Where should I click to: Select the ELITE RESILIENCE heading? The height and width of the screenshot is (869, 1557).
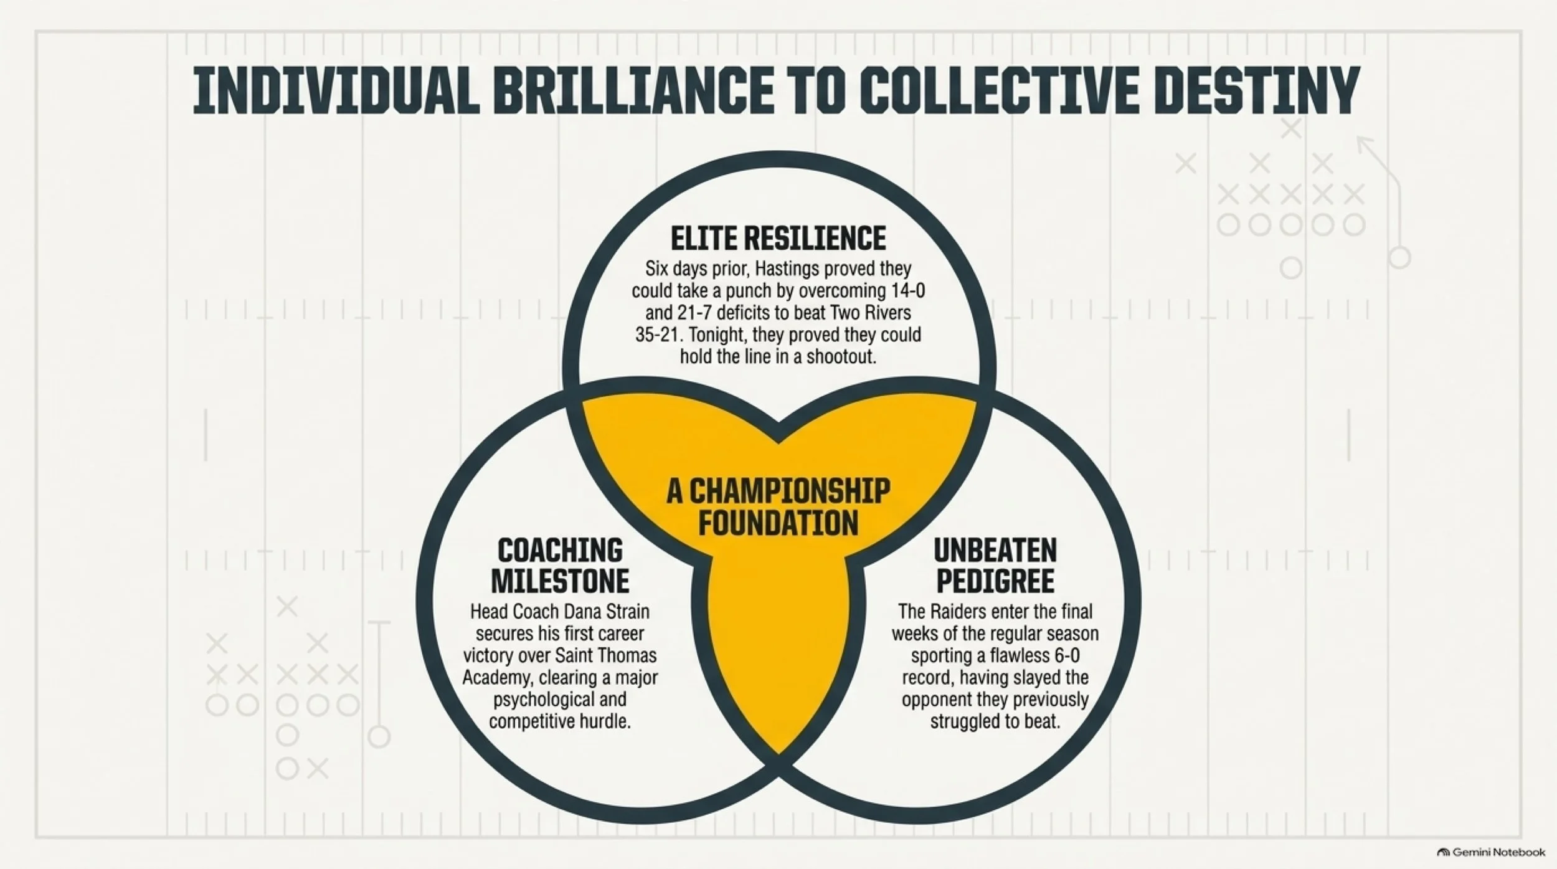click(x=778, y=239)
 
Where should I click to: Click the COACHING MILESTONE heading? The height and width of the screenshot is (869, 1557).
click(x=560, y=566)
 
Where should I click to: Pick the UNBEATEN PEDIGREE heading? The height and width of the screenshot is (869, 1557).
click(x=995, y=566)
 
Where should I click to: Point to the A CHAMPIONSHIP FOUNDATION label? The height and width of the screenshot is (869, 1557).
click(x=778, y=507)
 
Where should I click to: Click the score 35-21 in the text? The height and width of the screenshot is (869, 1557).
click(x=657, y=335)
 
